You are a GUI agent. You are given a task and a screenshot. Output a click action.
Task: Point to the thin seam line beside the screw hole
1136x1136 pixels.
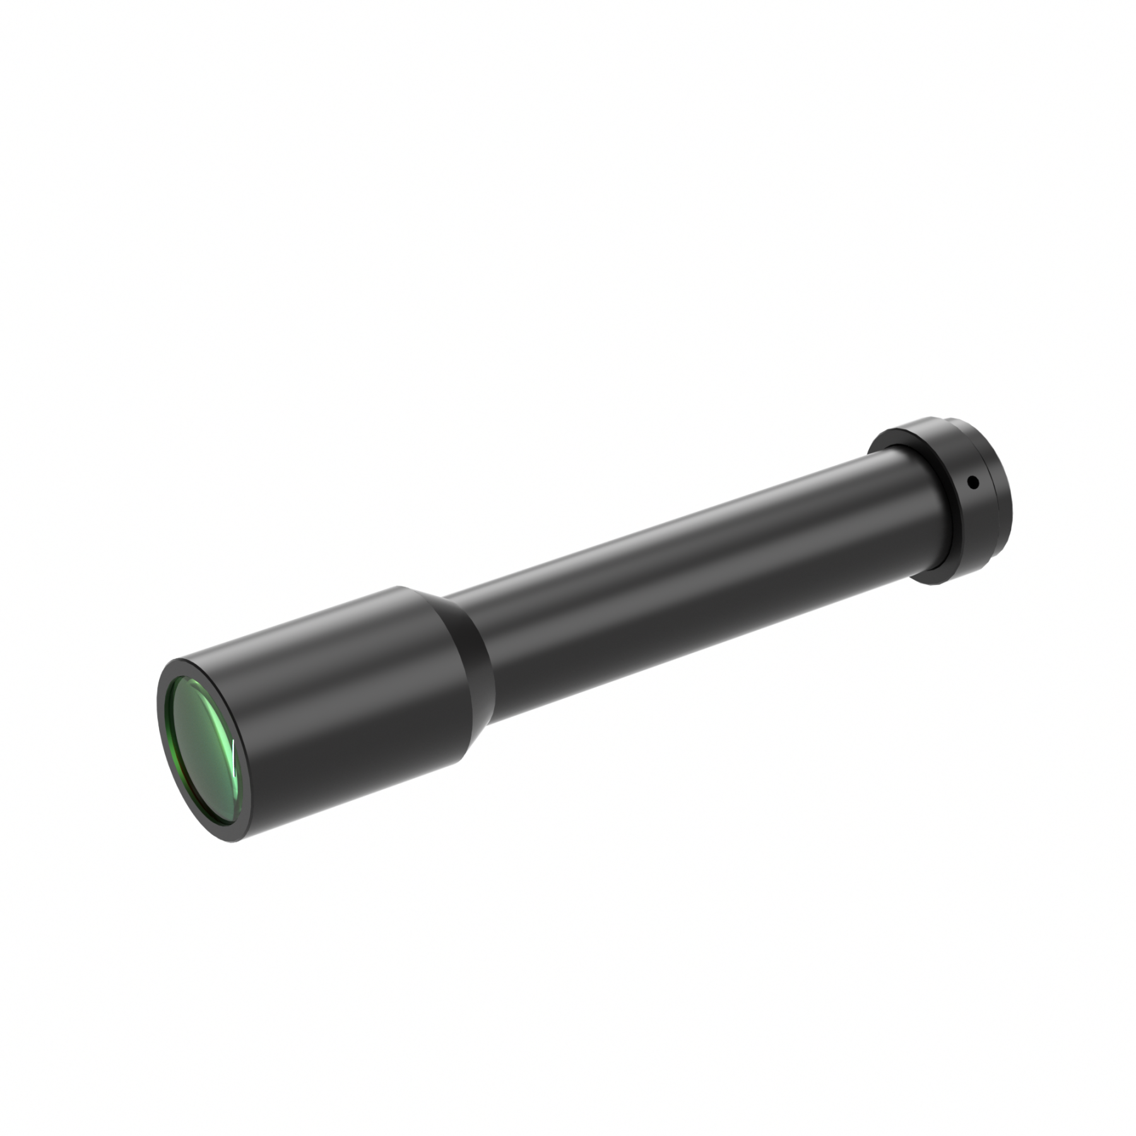coord(993,492)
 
